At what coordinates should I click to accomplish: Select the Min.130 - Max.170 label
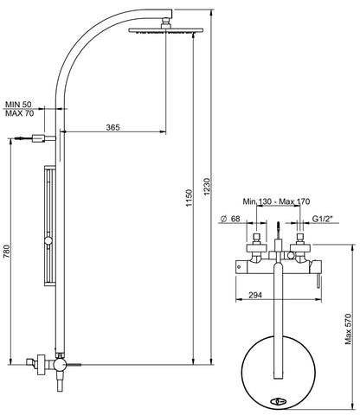coord(276,201)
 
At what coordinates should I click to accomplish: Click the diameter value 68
coord(233,219)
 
